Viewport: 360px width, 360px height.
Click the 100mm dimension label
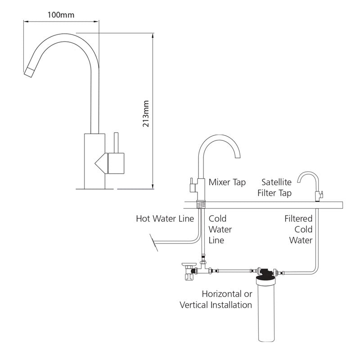pyautogui.click(x=61, y=14)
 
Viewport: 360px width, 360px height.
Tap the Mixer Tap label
pyautogui.click(x=227, y=182)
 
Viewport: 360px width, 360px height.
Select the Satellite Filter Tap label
pyautogui.click(x=276, y=188)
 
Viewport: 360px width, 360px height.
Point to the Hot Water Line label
pyautogui.click(x=165, y=219)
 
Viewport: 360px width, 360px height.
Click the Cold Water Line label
pyautogui.click(x=220, y=229)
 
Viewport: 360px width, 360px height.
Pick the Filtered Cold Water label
pyautogui.click(x=298, y=229)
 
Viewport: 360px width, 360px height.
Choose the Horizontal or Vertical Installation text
pyautogui.click(x=216, y=300)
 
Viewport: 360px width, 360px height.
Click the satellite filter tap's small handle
pyautogui.click(x=322, y=195)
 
